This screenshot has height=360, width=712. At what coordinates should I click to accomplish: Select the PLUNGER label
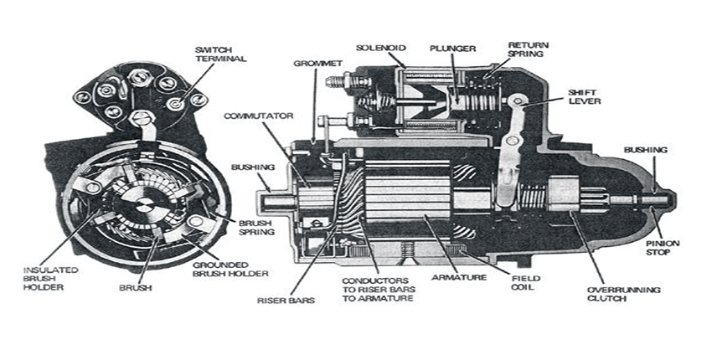coord(453,46)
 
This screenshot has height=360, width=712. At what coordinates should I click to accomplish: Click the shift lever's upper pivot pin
coord(519,101)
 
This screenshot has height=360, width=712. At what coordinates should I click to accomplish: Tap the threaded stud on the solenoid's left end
coord(331,85)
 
